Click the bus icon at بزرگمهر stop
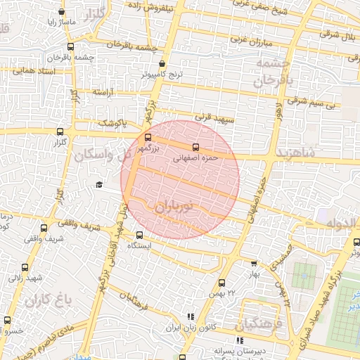[148, 138]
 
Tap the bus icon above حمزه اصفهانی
[195, 148]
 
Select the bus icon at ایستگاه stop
[139, 236]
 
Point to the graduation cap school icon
[99, 184]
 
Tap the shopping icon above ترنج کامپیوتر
[162, 63]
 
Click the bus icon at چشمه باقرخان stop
[71, 47]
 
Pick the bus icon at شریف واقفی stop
[44, 229]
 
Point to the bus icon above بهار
[254, 264]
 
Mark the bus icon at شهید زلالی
[25, 267]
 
